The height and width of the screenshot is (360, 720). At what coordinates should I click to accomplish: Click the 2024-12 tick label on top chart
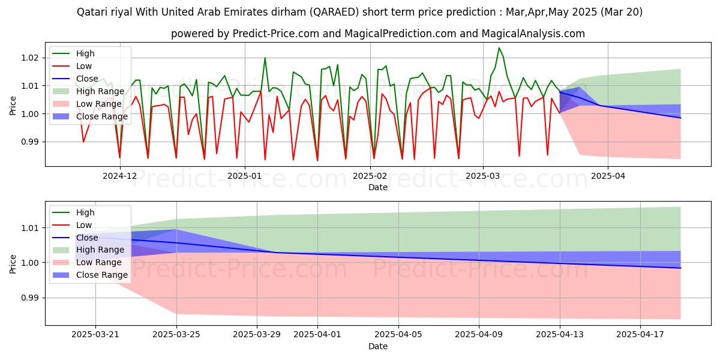[119, 176]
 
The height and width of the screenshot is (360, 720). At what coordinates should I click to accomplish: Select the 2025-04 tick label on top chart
[608, 176]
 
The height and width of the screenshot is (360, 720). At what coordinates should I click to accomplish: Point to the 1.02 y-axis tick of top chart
[30, 58]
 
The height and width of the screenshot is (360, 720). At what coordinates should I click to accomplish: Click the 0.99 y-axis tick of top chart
[30, 142]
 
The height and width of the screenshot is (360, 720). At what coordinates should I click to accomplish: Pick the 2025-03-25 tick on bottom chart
[176, 335]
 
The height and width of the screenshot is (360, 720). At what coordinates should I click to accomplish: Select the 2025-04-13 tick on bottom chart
[560, 335]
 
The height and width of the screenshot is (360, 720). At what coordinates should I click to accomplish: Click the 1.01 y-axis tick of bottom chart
[30, 228]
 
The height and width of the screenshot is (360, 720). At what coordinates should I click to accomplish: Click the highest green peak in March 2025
[499, 48]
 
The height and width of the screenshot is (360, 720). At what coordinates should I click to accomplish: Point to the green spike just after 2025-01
[265, 58]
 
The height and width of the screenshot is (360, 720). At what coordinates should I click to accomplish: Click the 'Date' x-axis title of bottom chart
[378, 346]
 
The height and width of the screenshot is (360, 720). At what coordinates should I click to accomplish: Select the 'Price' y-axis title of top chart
[13, 105]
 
